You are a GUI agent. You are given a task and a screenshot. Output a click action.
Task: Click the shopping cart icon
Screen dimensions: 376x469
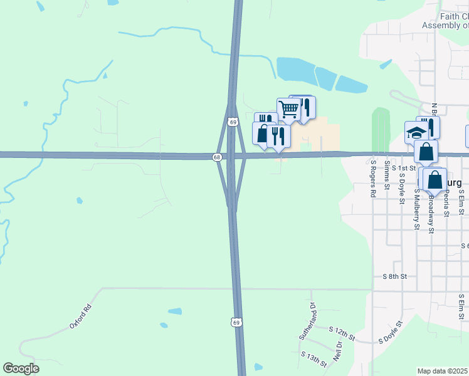click(x=288, y=109)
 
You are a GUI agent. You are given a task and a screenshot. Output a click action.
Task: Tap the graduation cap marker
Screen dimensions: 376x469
click(x=416, y=132)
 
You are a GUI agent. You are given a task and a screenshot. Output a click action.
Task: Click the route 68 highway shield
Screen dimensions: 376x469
click(x=217, y=157)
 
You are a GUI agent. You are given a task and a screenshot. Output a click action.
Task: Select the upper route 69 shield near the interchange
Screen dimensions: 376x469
click(x=233, y=122)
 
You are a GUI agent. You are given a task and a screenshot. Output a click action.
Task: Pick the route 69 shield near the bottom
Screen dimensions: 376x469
click(x=236, y=322)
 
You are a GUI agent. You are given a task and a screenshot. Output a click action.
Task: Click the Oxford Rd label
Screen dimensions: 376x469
click(x=81, y=317)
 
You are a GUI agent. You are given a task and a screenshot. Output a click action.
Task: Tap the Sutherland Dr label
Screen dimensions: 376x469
click(x=307, y=321)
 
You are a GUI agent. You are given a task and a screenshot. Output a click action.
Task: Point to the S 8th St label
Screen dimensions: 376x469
click(x=395, y=276)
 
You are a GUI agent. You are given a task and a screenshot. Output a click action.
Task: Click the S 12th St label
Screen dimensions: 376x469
click(x=342, y=333)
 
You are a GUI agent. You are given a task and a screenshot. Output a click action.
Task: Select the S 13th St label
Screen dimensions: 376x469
click(x=314, y=359)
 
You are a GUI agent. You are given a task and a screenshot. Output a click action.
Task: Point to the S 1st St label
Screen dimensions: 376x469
click(x=404, y=168)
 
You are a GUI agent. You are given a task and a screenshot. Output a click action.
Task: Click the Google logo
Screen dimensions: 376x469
click(x=21, y=368)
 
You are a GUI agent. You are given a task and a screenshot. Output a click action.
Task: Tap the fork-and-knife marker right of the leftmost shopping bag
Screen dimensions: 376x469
click(x=278, y=136)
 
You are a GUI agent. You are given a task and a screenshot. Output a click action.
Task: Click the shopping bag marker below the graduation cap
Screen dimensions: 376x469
click(x=426, y=151)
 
